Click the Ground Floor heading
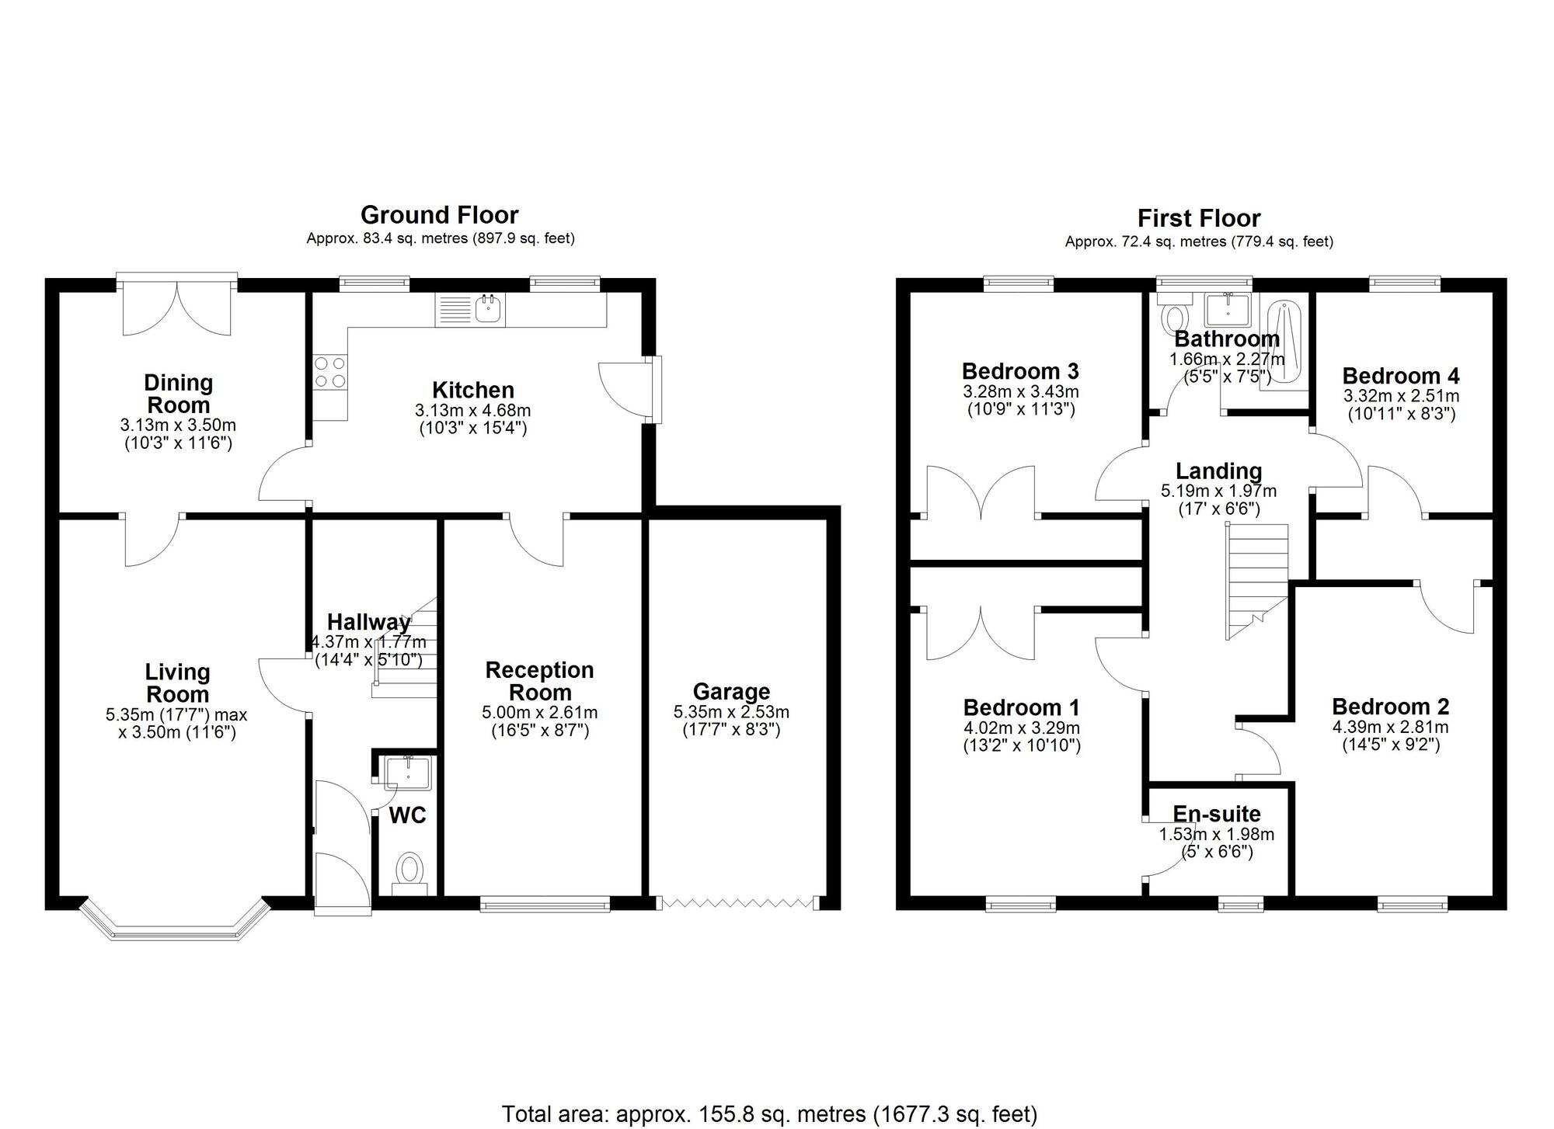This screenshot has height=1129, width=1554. click(439, 215)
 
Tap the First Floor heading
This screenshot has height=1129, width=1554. click(1198, 218)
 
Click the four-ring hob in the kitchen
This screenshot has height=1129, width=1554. click(329, 372)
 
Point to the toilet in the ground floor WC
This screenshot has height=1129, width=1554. click(409, 870)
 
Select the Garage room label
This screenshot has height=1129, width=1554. click(731, 691)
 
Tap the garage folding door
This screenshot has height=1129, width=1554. click(737, 902)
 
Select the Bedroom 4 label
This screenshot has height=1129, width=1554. click(1400, 376)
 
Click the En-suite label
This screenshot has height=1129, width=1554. click(1216, 814)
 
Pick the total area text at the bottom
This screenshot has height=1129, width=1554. click(769, 1114)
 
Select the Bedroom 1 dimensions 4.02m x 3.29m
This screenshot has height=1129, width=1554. click(1021, 728)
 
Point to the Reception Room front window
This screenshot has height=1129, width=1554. click(545, 902)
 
